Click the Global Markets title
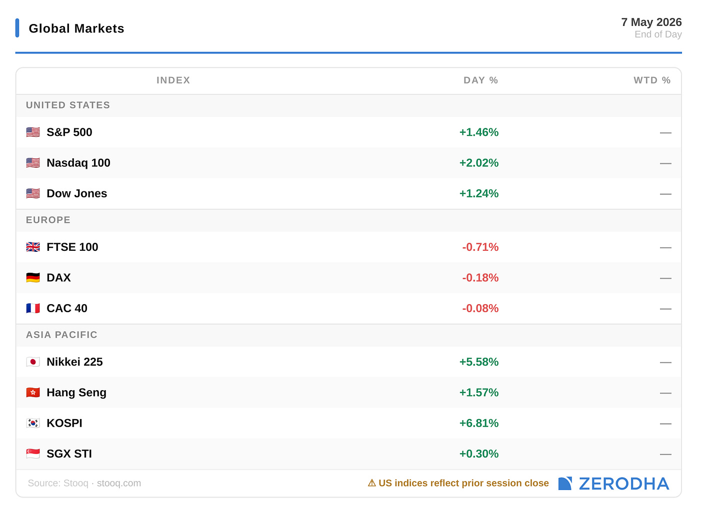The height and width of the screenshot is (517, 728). tap(76, 28)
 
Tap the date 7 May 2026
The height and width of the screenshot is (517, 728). tap(651, 22)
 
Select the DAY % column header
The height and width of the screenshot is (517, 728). tap(480, 80)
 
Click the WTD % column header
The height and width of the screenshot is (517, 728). tap(652, 80)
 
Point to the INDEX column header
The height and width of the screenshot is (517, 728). tap(173, 80)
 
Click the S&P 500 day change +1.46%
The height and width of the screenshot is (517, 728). tap(478, 132)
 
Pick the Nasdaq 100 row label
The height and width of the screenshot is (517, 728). tap(78, 163)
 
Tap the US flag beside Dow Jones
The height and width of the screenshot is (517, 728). tap(33, 193)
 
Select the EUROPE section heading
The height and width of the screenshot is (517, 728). tap(48, 220)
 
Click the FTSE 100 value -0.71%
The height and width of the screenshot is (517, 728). tap(480, 247)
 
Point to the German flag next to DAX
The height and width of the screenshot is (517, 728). tap(33, 278)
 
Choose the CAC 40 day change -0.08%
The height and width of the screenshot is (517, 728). tap(480, 308)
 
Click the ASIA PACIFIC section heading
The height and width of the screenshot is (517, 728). tap(62, 335)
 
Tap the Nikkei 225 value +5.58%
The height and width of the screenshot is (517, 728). tap(478, 362)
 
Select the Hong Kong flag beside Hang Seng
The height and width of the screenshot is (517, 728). tap(33, 393)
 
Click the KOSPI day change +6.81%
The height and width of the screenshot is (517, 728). tap(478, 423)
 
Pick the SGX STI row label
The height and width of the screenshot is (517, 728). tap(69, 454)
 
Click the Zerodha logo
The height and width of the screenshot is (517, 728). tap(613, 484)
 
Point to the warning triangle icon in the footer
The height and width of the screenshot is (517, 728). tap(372, 483)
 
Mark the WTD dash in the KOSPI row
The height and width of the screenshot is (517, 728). tap(665, 424)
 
